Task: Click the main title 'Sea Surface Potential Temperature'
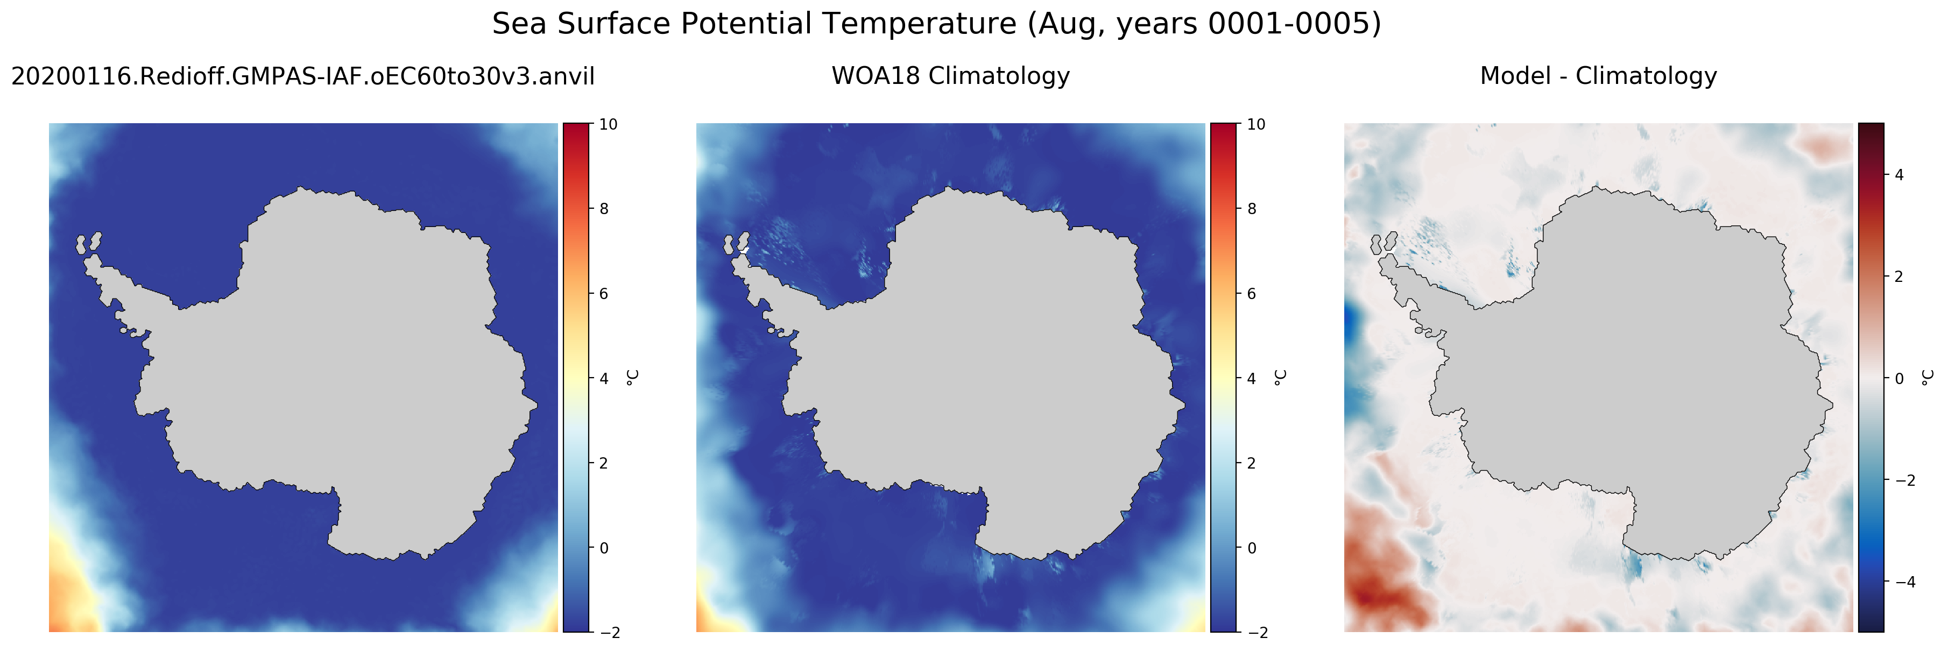pos(754,24)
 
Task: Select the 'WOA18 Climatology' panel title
pos(950,76)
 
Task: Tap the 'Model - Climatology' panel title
pos(1598,76)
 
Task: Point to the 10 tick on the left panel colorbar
pos(608,124)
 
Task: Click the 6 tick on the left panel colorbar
pos(603,294)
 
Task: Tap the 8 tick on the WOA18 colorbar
pos(1252,209)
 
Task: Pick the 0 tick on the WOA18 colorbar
pos(1252,548)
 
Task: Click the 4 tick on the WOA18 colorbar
pos(1252,378)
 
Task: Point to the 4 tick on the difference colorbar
pos(1899,175)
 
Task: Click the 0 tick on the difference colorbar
pos(1899,378)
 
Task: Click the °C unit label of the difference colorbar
pos(1928,378)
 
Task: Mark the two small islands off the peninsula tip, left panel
pos(88,244)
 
